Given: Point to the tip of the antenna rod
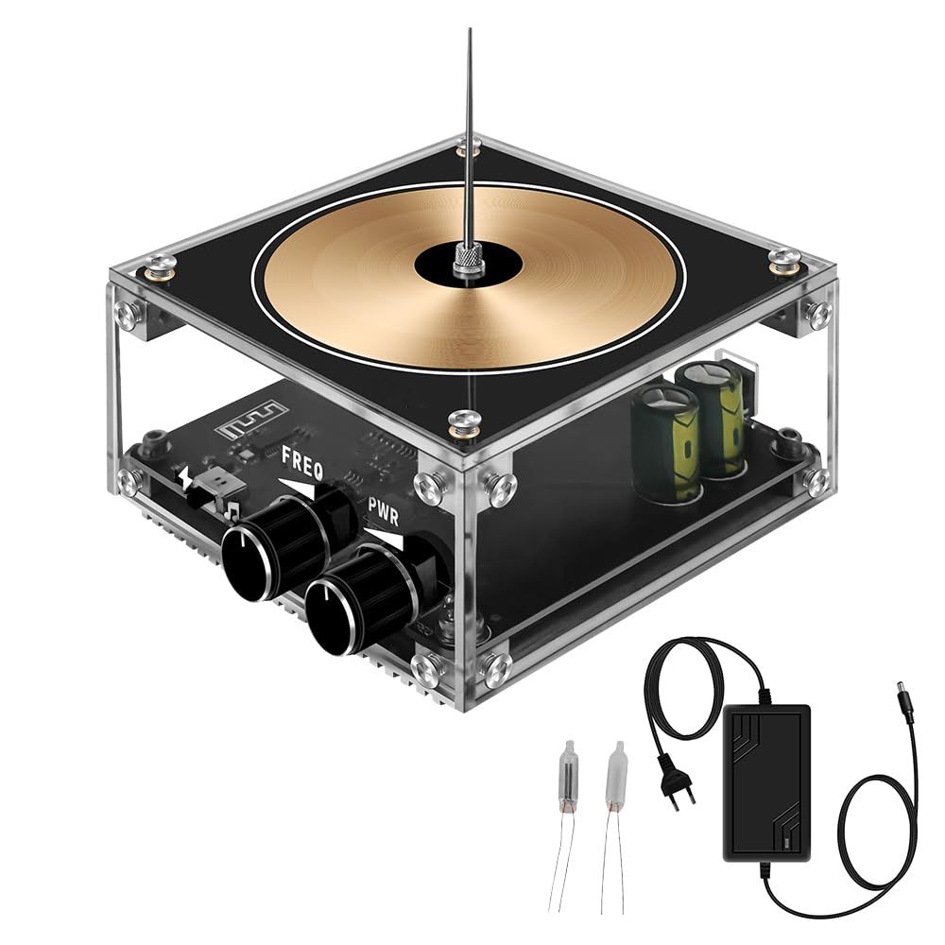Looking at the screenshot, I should coord(470,31).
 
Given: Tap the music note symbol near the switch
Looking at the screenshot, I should coord(231,509).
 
